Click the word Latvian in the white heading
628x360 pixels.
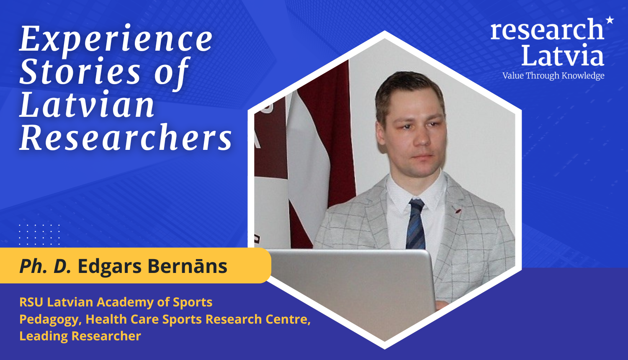[87, 104]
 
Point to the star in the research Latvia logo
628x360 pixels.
[610, 20]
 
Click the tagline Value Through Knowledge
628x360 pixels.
[553, 76]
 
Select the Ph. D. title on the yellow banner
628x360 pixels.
[45, 266]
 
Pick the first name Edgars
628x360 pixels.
[110, 267]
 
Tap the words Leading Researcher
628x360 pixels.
[80, 336]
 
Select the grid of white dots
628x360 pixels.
[39, 235]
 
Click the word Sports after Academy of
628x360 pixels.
[193, 303]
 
